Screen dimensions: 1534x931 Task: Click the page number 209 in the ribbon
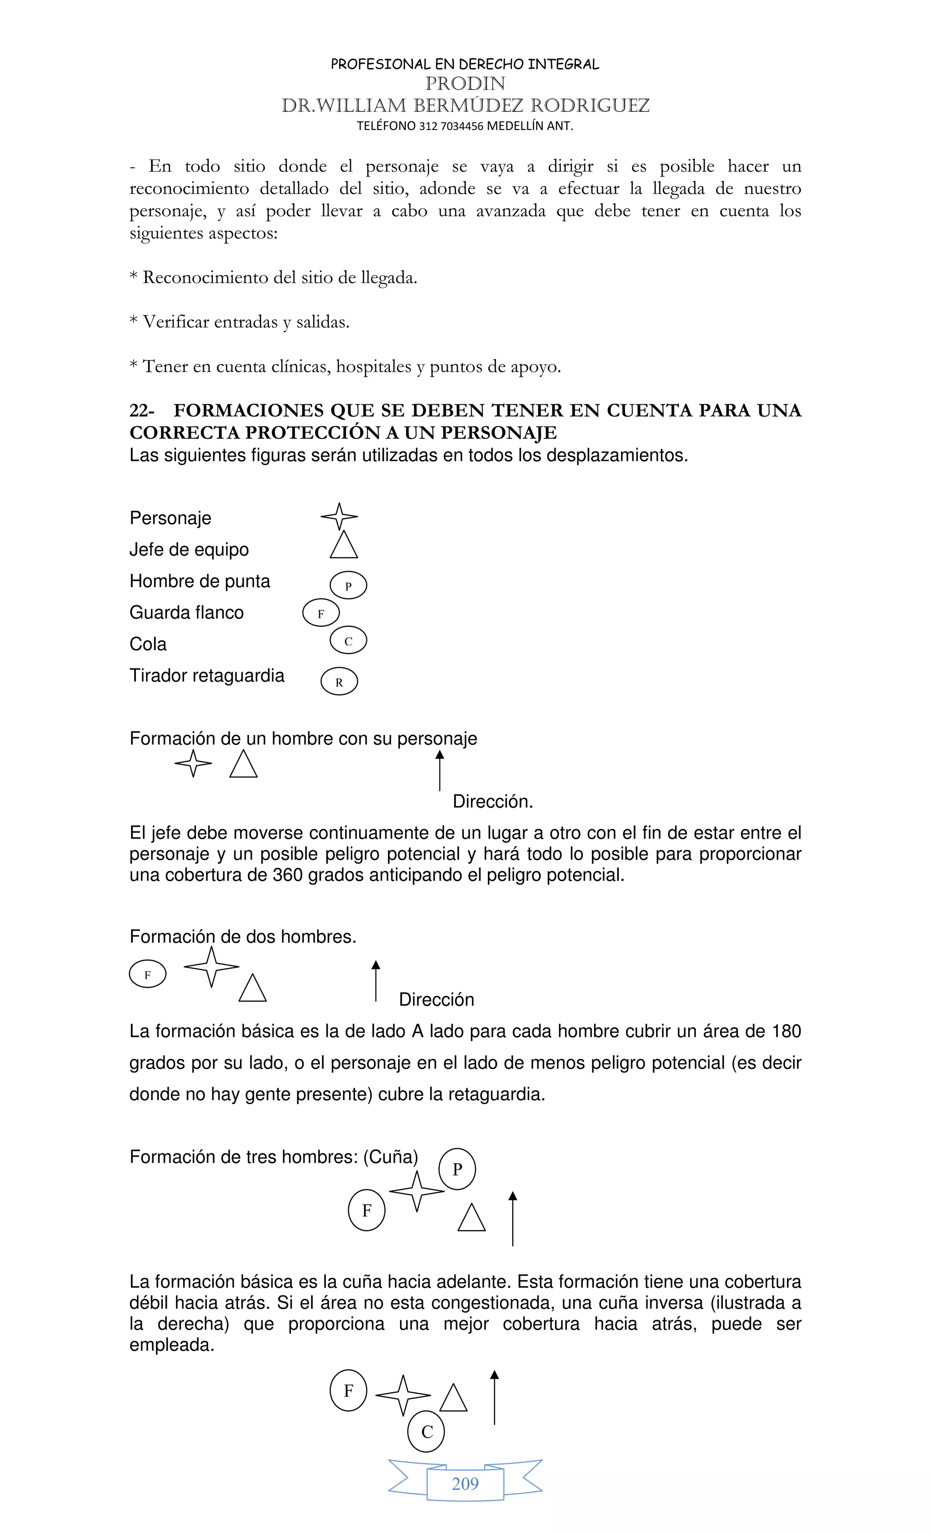(x=465, y=1484)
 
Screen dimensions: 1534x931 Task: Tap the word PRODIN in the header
(x=465, y=83)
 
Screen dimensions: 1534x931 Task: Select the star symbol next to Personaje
(x=339, y=516)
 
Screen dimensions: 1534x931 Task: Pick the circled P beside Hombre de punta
(x=348, y=585)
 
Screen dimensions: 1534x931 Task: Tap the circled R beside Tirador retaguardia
(x=339, y=682)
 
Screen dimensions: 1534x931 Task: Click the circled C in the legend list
(x=348, y=641)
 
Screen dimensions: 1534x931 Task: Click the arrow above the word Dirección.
(x=440, y=770)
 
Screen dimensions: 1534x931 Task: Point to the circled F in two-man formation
(x=147, y=975)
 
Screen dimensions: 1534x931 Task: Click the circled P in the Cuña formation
(x=457, y=1169)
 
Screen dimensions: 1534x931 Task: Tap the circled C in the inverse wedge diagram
(x=426, y=1432)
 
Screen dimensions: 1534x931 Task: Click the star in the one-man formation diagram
(x=193, y=763)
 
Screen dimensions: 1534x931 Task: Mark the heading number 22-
(x=142, y=410)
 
